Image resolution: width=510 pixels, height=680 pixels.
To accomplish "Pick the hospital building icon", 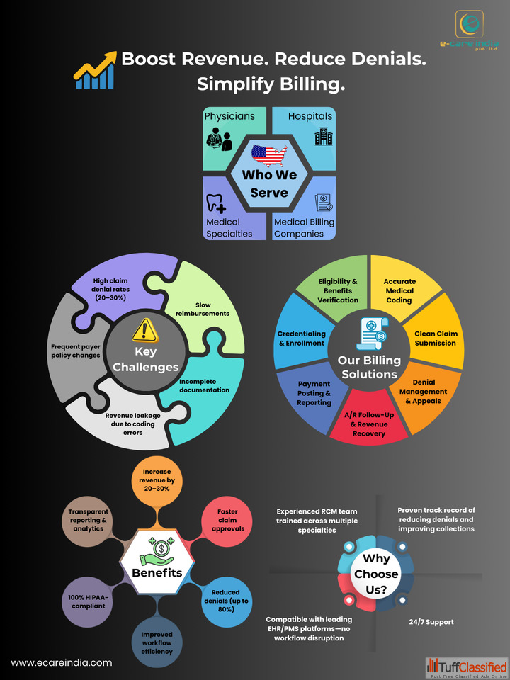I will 323,137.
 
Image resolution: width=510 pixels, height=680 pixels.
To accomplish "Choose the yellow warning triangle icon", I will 144,329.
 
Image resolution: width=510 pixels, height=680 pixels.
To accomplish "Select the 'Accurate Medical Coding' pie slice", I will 399,290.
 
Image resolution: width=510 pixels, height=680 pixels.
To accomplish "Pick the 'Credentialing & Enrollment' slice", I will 301,338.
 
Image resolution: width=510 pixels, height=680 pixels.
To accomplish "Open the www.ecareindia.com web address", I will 62,663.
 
